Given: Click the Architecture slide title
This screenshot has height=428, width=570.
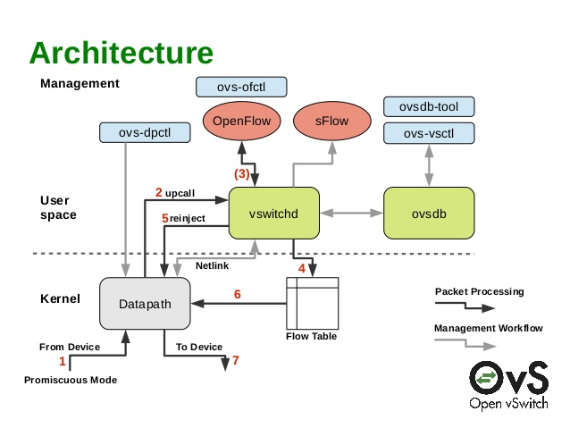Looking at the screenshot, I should (x=122, y=53).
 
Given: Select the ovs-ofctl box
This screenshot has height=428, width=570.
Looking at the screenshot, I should (x=240, y=87).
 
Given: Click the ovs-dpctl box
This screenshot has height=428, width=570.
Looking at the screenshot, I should (x=143, y=133).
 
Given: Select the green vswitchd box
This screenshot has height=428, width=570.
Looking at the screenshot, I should (x=274, y=213).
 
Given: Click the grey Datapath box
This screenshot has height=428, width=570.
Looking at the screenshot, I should (x=143, y=304).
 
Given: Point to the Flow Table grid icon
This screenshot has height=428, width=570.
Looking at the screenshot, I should (x=312, y=303).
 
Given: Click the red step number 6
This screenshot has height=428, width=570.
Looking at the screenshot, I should (x=237, y=294).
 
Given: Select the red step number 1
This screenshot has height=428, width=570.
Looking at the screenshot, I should (x=62, y=362).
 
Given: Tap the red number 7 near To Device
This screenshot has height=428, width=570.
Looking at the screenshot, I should (x=236, y=362).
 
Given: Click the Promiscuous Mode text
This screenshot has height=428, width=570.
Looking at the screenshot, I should (x=70, y=381).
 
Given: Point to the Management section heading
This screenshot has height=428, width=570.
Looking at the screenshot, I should (x=80, y=84).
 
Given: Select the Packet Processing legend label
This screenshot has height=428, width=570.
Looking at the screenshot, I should (x=480, y=292).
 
